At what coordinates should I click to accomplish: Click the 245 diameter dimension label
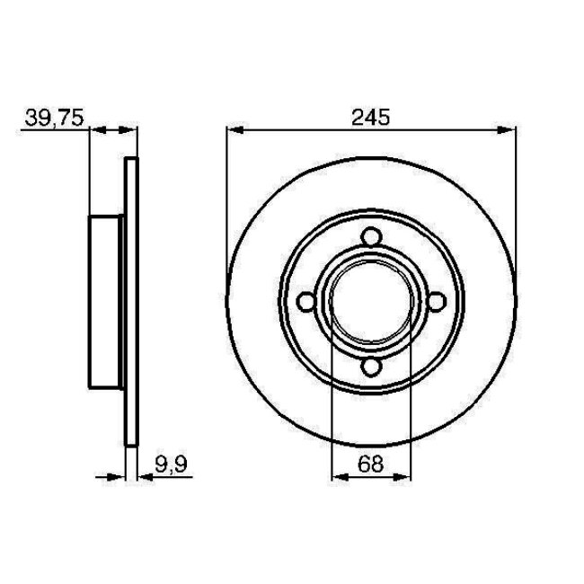point(370,116)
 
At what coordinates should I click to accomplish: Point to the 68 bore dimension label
point(371,465)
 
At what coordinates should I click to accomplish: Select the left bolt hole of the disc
point(306,302)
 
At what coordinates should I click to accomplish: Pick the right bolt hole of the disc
point(436,302)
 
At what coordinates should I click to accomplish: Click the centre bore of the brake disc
point(371,302)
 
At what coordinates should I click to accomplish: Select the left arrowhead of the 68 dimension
point(338,478)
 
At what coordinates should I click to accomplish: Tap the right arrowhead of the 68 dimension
point(404,478)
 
